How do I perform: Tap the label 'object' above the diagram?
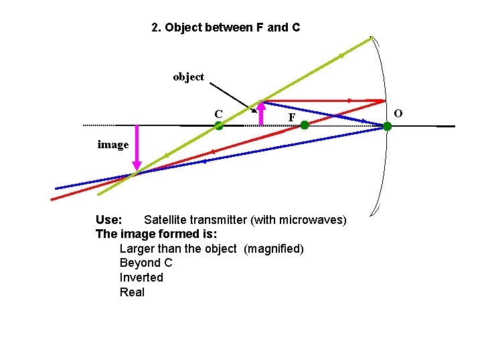pos(188,76)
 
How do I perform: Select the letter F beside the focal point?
pos(291,118)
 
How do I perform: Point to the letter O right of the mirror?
pos(398,113)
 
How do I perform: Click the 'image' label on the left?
pos(112,144)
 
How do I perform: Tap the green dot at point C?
pos(218,125)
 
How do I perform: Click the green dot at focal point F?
pos(304,125)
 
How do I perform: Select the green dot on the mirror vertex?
pos(387,126)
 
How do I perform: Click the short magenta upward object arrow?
pos(262,113)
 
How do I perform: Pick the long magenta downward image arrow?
pos(137,147)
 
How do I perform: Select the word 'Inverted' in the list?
pos(141,278)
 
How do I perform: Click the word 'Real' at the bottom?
pos(132,292)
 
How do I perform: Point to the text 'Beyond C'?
pos(146,263)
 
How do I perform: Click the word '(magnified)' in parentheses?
pos(274,249)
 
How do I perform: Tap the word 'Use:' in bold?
pos(108,220)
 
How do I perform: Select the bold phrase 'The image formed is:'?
pos(157,234)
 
